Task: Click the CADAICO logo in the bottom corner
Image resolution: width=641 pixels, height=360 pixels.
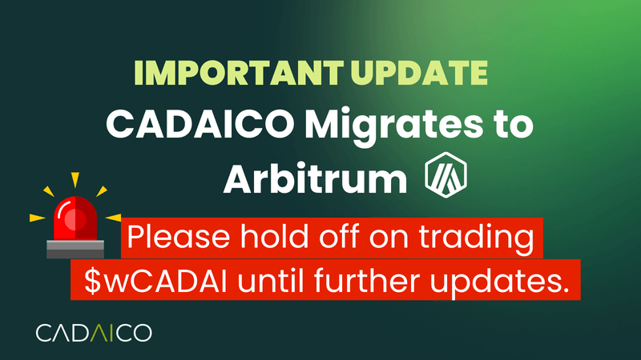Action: tap(95, 332)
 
